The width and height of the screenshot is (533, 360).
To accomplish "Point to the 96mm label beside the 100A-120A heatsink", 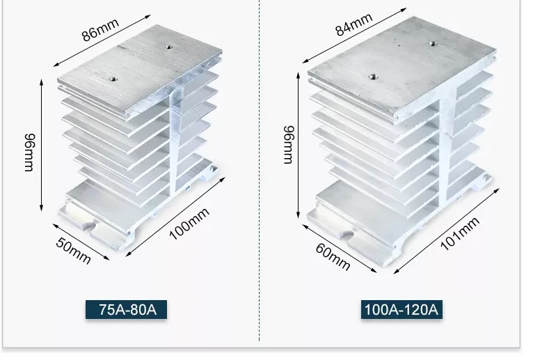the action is tap(287, 145).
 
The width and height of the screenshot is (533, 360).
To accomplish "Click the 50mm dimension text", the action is tap(72, 251).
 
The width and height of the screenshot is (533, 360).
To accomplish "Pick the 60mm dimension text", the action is tap(332, 257).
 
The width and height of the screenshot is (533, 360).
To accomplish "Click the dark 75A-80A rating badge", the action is tap(127, 309).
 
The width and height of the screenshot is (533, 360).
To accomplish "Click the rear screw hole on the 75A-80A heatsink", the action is tap(169, 47).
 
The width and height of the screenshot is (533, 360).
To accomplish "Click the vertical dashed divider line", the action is tap(260, 174).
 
